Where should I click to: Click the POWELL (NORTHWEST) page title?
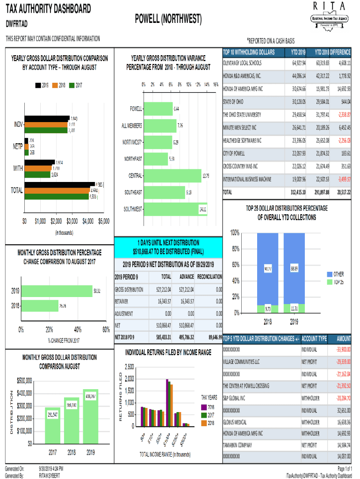168,19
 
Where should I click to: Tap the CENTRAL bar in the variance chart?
173,176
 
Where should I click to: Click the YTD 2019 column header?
298,51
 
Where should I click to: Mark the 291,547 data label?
53,414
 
